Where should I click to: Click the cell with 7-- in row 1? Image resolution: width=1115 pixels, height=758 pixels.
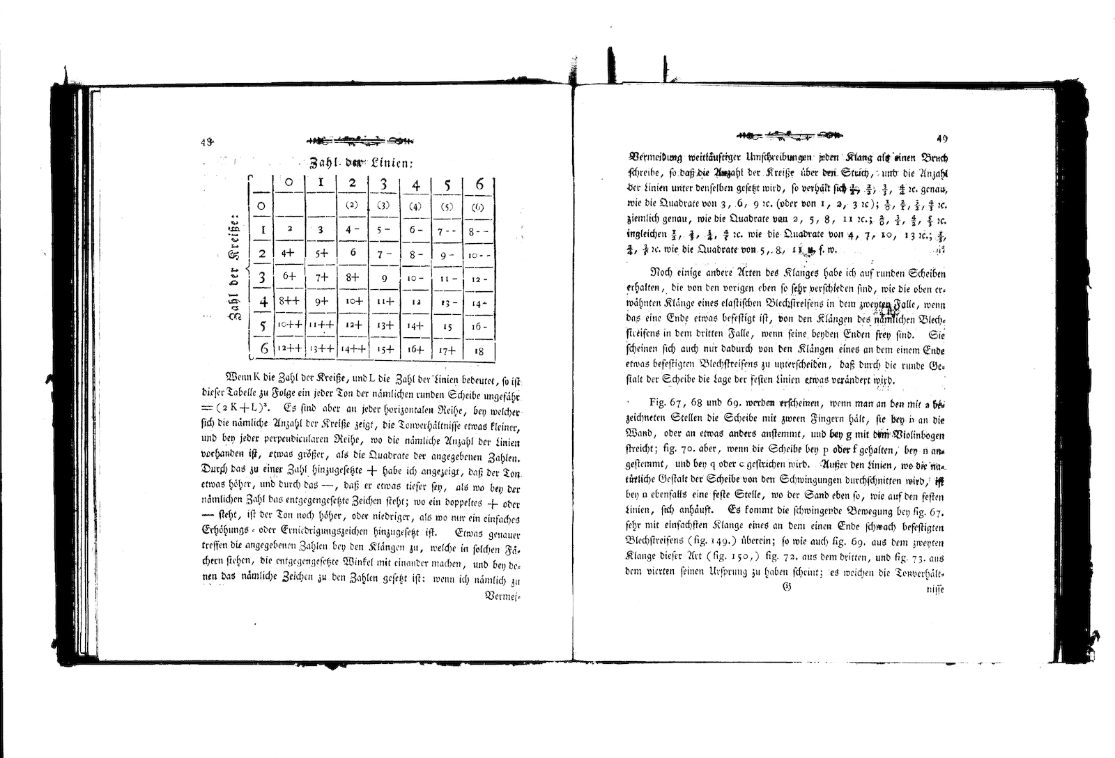pyautogui.click(x=447, y=230)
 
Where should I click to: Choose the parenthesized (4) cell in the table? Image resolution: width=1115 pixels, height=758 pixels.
pyautogui.click(x=415, y=206)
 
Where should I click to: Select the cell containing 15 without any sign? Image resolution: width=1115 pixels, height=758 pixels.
pyautogui.click(x=447, y=326)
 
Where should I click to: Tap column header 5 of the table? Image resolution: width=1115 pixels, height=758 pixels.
pyautogui.click(x=447, y=185)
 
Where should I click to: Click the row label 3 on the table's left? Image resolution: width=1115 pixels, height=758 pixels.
pyautogui.click(x=262, y=278)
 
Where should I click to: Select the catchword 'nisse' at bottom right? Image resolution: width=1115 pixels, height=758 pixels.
pyautogui.click(x=934, y=589)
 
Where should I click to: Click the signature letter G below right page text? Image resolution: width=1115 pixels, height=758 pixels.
pyautogui.click(x=787, y=587)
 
